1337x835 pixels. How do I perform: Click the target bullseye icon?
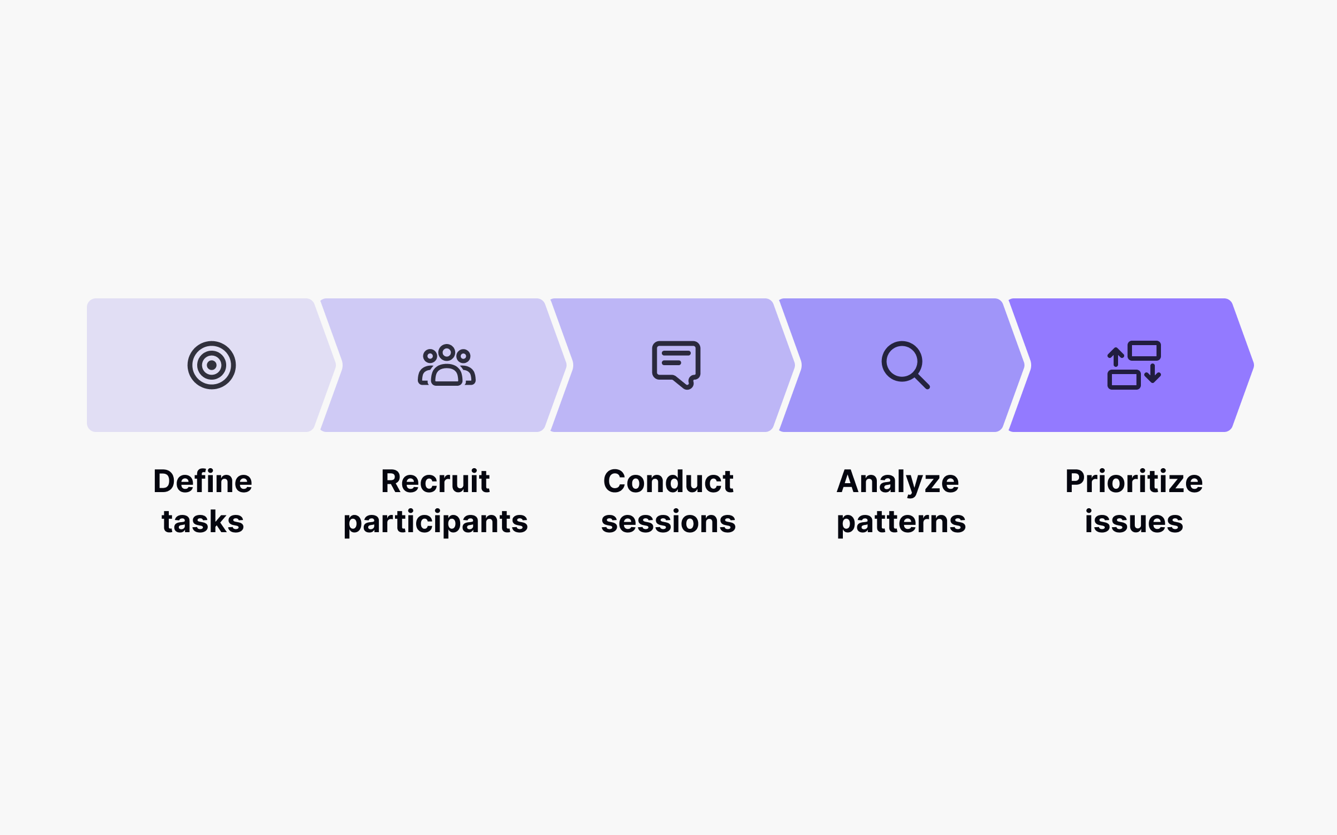212,365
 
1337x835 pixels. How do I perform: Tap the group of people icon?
447,366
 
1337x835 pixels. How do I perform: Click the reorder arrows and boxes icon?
1134,365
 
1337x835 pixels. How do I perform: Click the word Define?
203,481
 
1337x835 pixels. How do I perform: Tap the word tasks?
203,522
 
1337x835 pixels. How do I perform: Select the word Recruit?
435,481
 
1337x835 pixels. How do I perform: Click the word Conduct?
668,481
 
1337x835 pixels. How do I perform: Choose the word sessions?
668,522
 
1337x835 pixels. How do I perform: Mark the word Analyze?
897,482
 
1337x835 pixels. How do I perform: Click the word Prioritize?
1134,481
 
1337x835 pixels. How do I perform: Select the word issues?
1134,522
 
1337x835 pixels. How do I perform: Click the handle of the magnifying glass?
921,381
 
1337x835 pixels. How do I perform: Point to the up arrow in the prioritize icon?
1115,357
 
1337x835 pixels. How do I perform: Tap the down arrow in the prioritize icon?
1153,374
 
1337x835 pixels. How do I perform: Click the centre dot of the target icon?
212,365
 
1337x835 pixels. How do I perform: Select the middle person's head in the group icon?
446,352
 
